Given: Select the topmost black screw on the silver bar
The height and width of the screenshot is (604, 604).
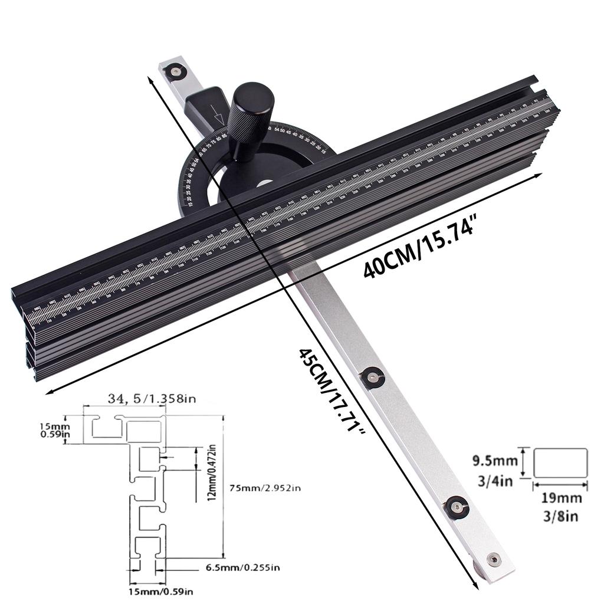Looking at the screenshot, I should coord(175,72).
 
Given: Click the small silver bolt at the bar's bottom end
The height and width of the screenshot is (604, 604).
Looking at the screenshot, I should coord(492,559).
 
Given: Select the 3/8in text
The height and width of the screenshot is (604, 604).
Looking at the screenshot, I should coord(561,516).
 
